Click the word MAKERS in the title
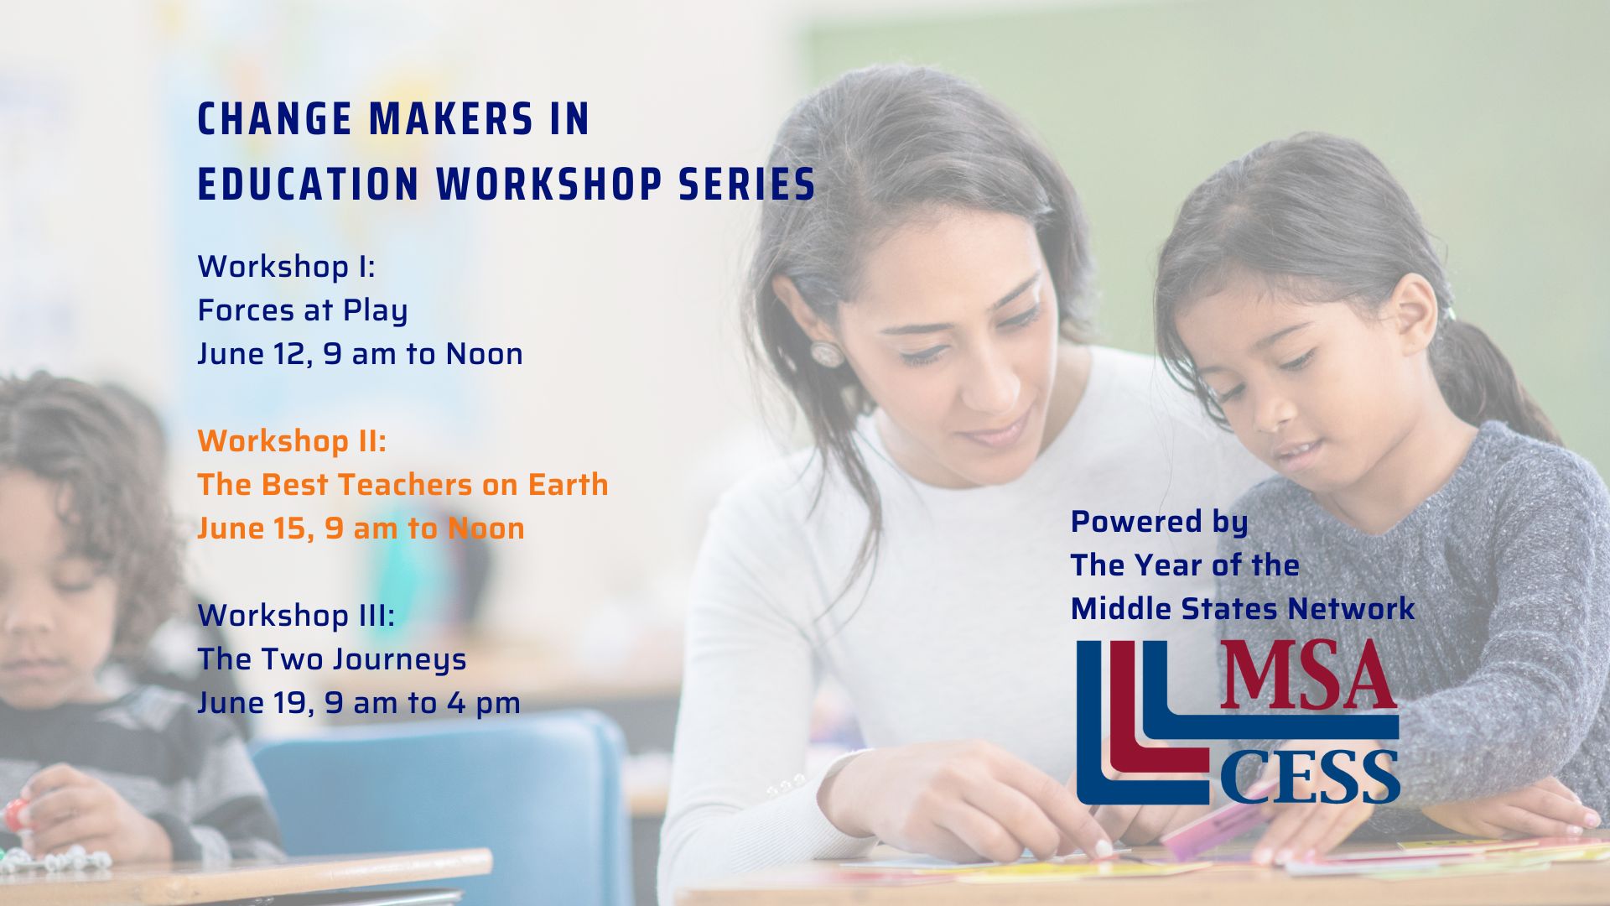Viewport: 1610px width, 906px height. point(450,119)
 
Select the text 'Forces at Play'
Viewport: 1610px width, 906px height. point(303,311)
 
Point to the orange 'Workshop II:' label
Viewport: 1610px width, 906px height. point(292,441)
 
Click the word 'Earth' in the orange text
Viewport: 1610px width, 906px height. point(568,485)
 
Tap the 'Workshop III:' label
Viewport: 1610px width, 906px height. point(296,616)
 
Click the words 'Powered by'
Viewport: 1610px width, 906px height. point(1159,523)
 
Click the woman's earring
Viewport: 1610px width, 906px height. point(824,353)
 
